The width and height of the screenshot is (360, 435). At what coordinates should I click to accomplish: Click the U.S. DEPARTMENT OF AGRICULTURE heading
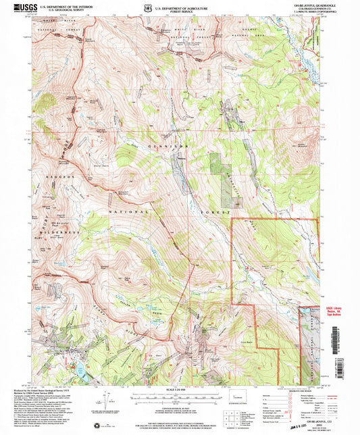179,7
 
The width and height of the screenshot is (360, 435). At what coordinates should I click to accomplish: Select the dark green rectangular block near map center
216,165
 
